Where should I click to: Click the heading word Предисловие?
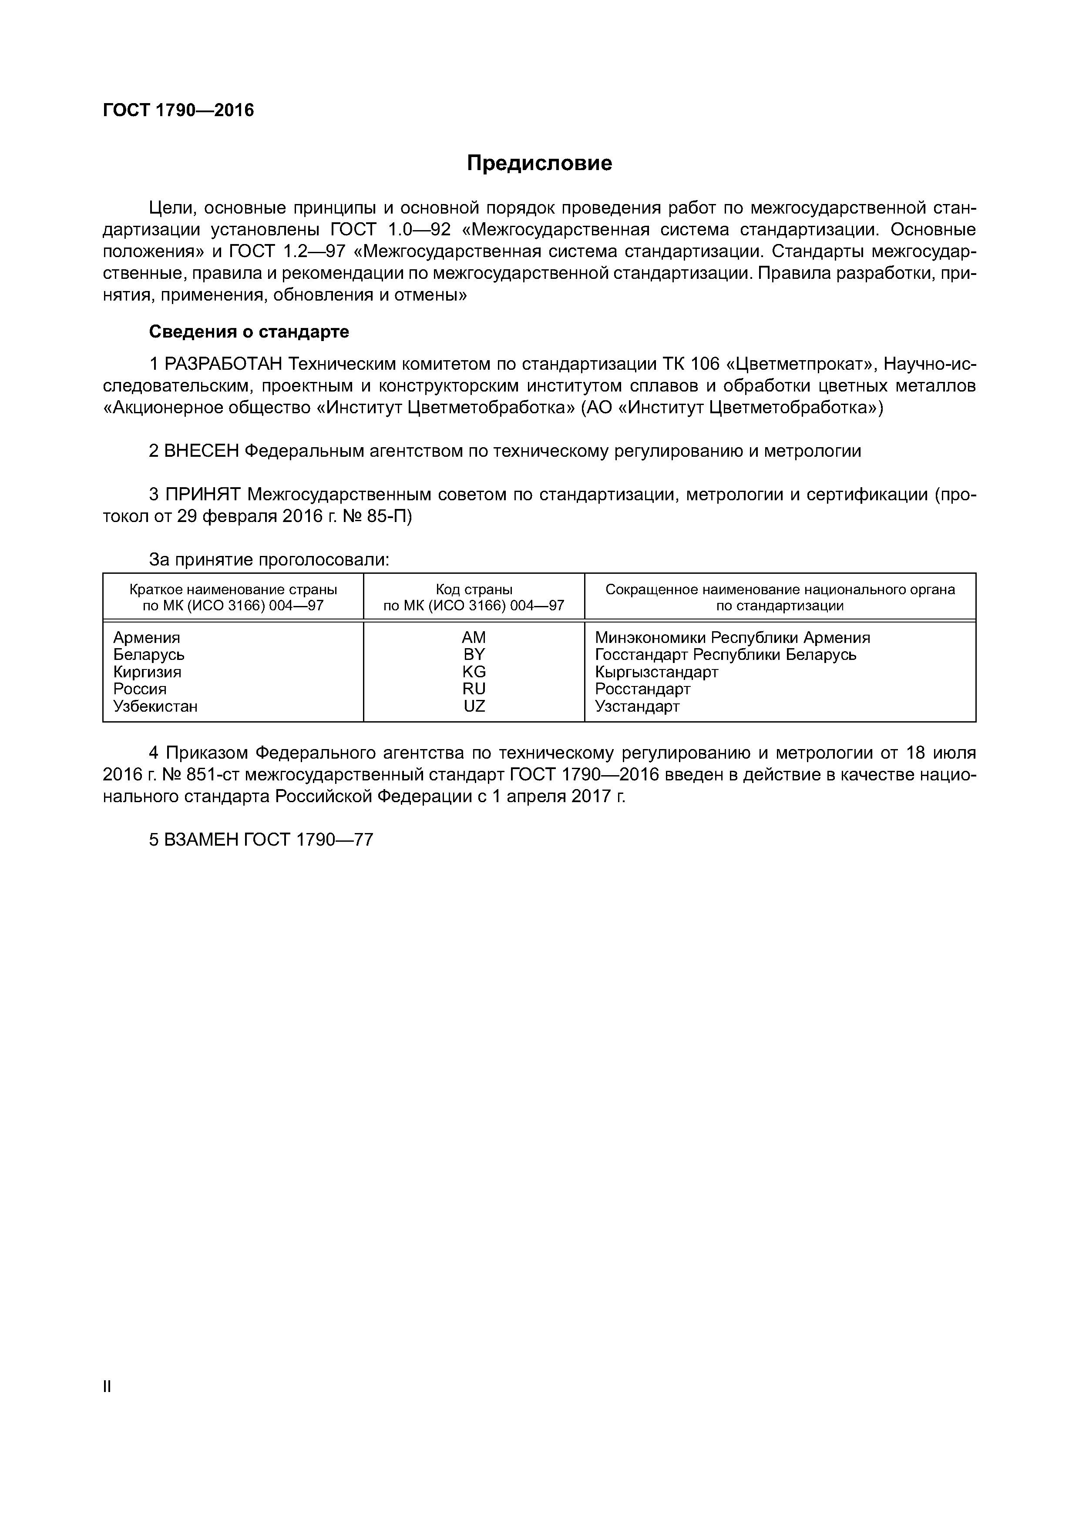(x=539, y=163)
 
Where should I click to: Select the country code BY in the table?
(x=474, y=655)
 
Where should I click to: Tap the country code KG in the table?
(x=474, y=672)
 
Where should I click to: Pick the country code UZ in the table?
(x=474, y=706)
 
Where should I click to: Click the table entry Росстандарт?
(x=642, y=689)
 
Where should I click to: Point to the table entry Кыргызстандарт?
(x=656, y=672)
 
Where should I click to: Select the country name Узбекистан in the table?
(x=155, y=706)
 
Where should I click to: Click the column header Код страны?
(x=474, y=589)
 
